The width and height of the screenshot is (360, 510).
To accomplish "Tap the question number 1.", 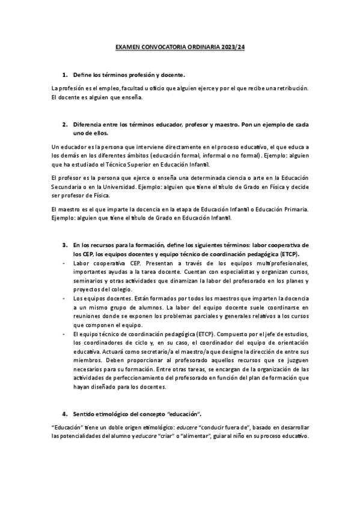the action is click(x=65, y=75).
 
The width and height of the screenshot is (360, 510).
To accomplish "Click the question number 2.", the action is click(x=65, y=124).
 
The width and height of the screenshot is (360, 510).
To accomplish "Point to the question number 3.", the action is click(x=65, y=245).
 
